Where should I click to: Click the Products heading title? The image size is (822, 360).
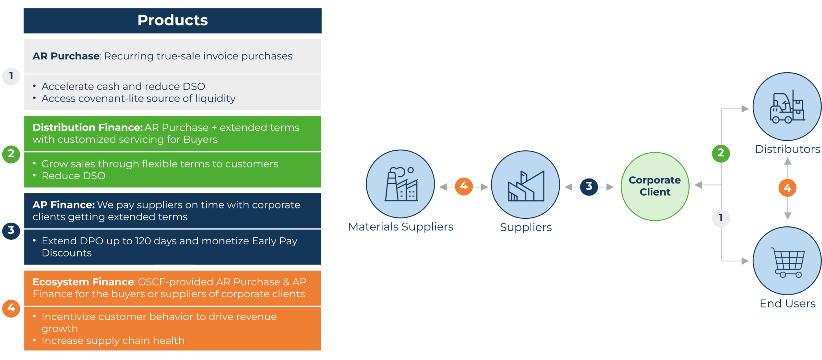click(172, 20)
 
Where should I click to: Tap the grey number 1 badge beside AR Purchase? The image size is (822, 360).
click(11, 76)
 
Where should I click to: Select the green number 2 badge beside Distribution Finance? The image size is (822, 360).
click(11, 154)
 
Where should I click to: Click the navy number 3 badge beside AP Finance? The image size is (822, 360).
click(11, 231)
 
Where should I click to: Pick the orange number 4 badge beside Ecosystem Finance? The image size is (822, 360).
click(11, 308)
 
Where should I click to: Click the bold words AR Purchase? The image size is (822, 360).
click(66, 56)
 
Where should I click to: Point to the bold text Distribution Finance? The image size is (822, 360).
click(88, 127)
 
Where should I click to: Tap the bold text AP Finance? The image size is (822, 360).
click(64, 205)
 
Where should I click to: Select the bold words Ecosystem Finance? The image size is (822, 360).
click(83, 282)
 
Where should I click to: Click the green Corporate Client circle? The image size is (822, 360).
click(655, 186)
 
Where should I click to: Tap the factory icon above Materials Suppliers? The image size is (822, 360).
click(401, 184)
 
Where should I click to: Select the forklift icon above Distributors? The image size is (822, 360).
click(787, 107)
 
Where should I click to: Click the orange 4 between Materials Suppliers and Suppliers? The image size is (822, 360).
click(464, 186)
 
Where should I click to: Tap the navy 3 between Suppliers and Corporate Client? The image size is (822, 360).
click(589, 186)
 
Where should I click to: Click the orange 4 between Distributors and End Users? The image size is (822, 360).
click(788, 188)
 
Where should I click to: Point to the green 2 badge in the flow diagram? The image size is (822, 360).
click(721, 153)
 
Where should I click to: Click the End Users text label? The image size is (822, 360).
click(788, 304)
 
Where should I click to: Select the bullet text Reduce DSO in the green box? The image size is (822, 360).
click(73, 176)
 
